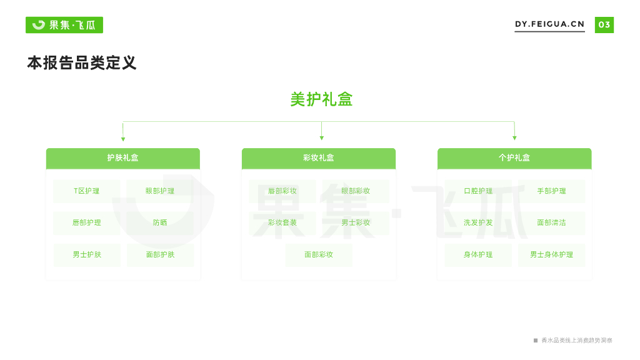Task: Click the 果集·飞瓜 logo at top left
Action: tap(64, 25)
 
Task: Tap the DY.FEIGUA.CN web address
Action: tap(549, 24)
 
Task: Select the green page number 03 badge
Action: tap(604, 25)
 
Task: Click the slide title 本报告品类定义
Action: tap(81, 63)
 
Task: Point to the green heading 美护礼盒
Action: tap(321, 99)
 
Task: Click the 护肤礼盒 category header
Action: tap(123, 158)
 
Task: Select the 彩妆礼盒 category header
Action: tap(319, 158)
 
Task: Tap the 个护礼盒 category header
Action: tap(514, 158)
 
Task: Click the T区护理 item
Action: tap(87, 191)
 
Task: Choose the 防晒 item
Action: tap(160, 222)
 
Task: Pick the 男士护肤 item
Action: tap(87, 255)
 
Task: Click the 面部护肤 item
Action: tap(160, 255)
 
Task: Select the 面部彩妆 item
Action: tap(319, 255)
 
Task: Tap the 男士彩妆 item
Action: tap(356, 222)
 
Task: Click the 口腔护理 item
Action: tap(478, 191)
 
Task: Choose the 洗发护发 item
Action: tap(478, 222)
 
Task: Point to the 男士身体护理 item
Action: tap(551, 255)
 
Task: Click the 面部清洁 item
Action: tap(551, 222)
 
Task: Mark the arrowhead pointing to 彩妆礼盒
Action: tap(321, 138)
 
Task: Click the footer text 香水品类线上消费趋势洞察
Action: tap(576, 341)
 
